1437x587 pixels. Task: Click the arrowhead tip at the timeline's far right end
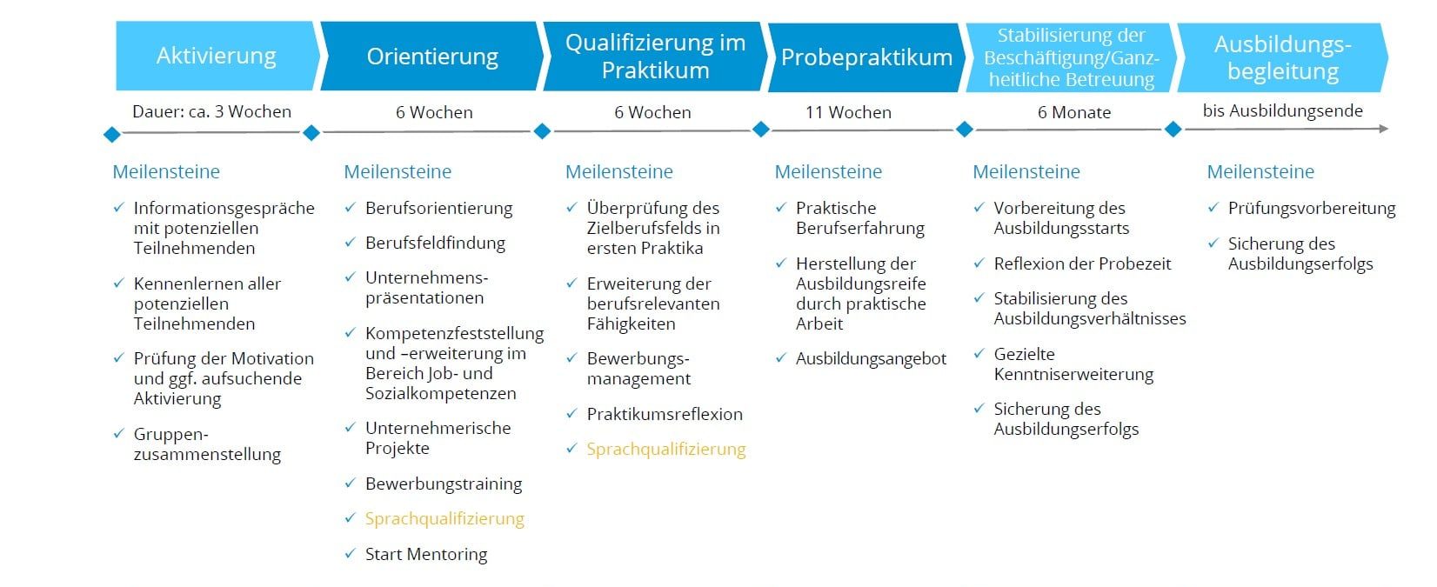(1388, 129)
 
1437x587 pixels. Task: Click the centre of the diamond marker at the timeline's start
(111, 135)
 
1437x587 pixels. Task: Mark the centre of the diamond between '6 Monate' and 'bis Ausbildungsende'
(1173, 129)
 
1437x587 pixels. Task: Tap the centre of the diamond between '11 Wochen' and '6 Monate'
(964, 129)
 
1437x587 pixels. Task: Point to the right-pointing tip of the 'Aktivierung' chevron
(319, 56)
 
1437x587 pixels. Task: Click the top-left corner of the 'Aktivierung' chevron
(116, 21)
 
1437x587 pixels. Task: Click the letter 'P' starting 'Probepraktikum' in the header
(788, 57)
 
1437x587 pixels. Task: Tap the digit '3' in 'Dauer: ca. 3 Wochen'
(219, 111)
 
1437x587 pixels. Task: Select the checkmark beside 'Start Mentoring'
(350, 553)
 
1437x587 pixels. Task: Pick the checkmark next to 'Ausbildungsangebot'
(780, 357)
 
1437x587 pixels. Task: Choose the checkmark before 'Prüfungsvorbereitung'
(1213, 207)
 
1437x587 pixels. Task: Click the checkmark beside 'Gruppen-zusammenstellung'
(118, 433)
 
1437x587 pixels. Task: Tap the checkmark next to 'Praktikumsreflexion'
(571, 413)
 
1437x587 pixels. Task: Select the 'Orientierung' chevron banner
(431, 56)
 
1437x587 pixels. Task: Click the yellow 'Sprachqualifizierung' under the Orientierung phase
(444, 518)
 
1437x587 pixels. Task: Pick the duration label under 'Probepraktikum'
(848, 112)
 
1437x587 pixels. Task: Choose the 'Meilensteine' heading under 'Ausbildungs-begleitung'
(1260, 171)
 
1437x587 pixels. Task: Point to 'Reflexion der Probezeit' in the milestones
(1082, 263)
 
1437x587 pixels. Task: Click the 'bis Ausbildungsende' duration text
(1282, 110)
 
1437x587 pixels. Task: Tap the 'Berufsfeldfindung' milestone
(435, 243)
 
